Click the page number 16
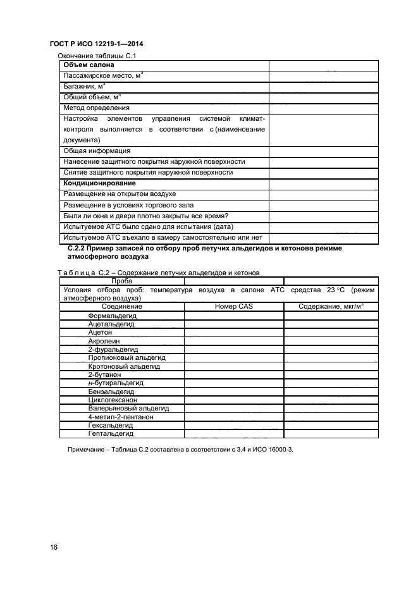click(x=53, y=546)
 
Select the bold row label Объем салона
click(x=89, y=65)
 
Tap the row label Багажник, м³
click(x=84, y=86)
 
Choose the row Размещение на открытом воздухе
click(x=120, y=194)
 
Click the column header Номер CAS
click(x=233, y=306)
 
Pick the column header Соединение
click(x=121, y=306)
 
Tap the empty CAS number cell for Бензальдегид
click(x=233, y=392)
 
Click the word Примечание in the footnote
click(x=88, y=450)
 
